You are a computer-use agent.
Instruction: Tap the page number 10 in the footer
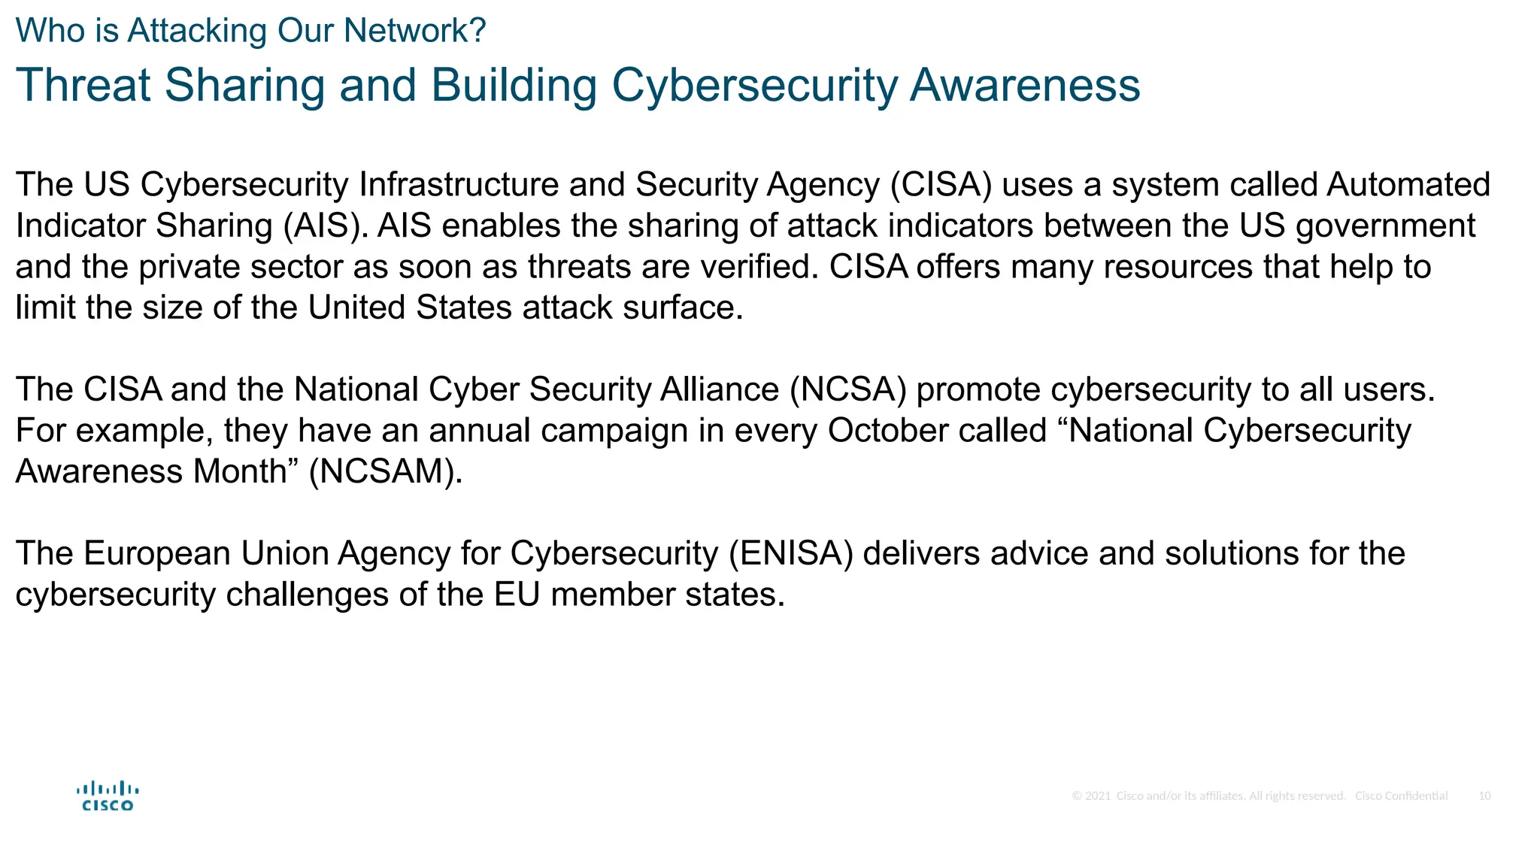click(x=1484, y=796)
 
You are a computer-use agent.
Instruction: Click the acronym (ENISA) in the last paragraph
click(x=791, y=554)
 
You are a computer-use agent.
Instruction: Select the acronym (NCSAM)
click(x=385, y=472)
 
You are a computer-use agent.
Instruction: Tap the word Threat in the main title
click(x=83, y=85)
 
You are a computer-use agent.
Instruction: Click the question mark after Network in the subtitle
click(x=478, y=32)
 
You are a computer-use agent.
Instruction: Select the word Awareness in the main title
click(x=1025, y=85)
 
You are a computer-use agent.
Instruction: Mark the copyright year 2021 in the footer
click(x=1098, y=796)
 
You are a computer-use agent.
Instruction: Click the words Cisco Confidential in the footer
click(x=1401, y=796)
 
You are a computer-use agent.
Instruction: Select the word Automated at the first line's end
click(x=1408, y=185)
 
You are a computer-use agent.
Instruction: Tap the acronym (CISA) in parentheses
click(x=941, y=185)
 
